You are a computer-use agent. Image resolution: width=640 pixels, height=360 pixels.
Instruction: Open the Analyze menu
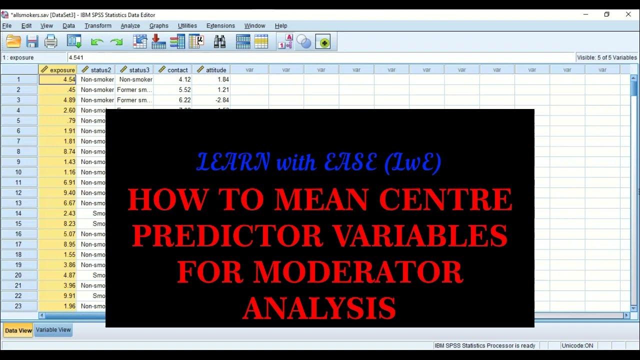(x=130, y=26)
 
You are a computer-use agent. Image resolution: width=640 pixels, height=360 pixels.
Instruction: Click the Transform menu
(x=97, y=26)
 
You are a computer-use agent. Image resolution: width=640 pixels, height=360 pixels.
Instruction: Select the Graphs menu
(x=158, y=26)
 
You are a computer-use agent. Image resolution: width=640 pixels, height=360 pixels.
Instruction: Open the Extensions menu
(x=220, y=26)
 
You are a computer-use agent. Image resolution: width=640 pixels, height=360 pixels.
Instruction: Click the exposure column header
(x=58, y=70)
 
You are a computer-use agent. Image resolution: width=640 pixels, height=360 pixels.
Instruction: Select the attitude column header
(x=211, y=70)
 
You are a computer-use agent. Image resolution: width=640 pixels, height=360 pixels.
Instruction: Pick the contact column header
(x=173, y=70)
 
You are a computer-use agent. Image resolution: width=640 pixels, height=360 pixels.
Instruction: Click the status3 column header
(x=134, y=70)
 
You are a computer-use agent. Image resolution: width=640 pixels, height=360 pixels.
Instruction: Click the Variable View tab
(x=53, y=330)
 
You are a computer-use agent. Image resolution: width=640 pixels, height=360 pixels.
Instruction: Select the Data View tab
(x=18, y=330)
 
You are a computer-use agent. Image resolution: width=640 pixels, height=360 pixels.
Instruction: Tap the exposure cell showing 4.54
(x=58, y=79)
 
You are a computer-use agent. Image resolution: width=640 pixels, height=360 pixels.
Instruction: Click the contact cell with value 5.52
(x=173, y=90)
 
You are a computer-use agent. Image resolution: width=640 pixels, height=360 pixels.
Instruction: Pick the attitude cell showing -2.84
(x=211, y=100)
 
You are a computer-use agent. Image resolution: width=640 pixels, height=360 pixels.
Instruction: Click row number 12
(x=18, y=193)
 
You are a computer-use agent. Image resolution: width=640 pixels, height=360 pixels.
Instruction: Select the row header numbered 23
(x=18, y=306)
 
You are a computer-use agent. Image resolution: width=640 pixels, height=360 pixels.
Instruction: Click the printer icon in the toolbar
(x=51, y=42)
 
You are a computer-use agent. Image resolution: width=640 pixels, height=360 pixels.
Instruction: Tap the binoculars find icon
(x=219, y=42)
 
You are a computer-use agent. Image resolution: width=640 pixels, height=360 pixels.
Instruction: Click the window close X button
(x=628, y=14)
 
